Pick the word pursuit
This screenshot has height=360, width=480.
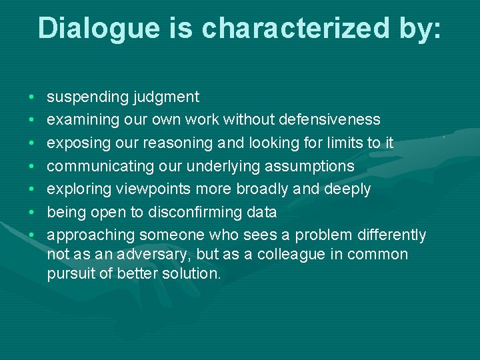(x=71, y=273)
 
